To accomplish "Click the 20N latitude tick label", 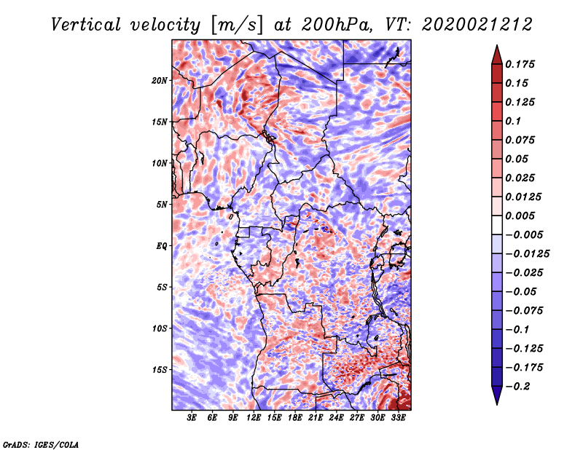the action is coord(160,81).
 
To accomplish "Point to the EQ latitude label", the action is coord(162,246).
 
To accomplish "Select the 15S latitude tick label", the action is coord(160,370).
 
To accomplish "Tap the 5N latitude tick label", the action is coord(162,205).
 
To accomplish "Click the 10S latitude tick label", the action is coord(160,328).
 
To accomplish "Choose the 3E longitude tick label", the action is coord(192,418).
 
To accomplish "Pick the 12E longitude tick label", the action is coord(254,418).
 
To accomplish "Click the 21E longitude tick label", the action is coord(316,418).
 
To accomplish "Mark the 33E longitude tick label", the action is coord(398,418).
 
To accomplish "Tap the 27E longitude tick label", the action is coord(357,418).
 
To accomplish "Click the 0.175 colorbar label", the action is coord(520,64).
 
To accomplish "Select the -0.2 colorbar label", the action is coord(517,387).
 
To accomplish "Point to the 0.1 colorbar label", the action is coord(513,121).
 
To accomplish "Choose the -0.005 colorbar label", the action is coord(524,235).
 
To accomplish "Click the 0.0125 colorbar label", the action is coord(523,197).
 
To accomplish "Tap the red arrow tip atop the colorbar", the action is coord(497,46).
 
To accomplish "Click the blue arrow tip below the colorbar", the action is coord(497,404).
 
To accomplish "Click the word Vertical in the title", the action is coord(86,25).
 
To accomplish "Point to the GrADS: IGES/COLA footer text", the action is coord(41,445).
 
